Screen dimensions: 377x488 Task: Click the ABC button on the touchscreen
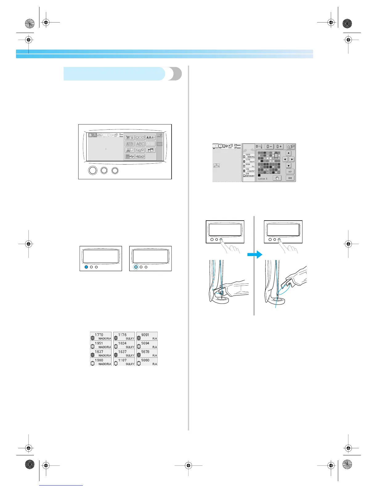[x=140, y=144]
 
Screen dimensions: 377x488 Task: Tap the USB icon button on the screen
[x=130, y=157]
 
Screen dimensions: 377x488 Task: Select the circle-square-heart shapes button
[x=140, y=137]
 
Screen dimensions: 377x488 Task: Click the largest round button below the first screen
[x=93, y=170]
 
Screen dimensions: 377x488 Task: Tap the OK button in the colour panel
[x=290, y=178]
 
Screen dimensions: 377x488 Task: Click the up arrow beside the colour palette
[x=289, y=153]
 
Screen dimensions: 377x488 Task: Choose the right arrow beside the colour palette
[x=292, y=159]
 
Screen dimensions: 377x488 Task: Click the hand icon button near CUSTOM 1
[x=277, y=178]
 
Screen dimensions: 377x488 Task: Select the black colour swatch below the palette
[x=259, y=175]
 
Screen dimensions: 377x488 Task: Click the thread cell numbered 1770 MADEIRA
[x=101, y=336]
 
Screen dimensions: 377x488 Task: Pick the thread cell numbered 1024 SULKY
[x=124, y=345]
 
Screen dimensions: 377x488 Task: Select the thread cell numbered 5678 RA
[x=147, y=353]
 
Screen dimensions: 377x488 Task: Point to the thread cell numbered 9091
[x=147, y=336]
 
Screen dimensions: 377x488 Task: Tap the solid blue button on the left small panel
[x=87, y=267]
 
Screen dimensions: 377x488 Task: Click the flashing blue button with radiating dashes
[x=136, y=267]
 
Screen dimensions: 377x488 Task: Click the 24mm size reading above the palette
[x=237, y=145]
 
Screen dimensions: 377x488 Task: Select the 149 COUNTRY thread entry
[x=249, y=170]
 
